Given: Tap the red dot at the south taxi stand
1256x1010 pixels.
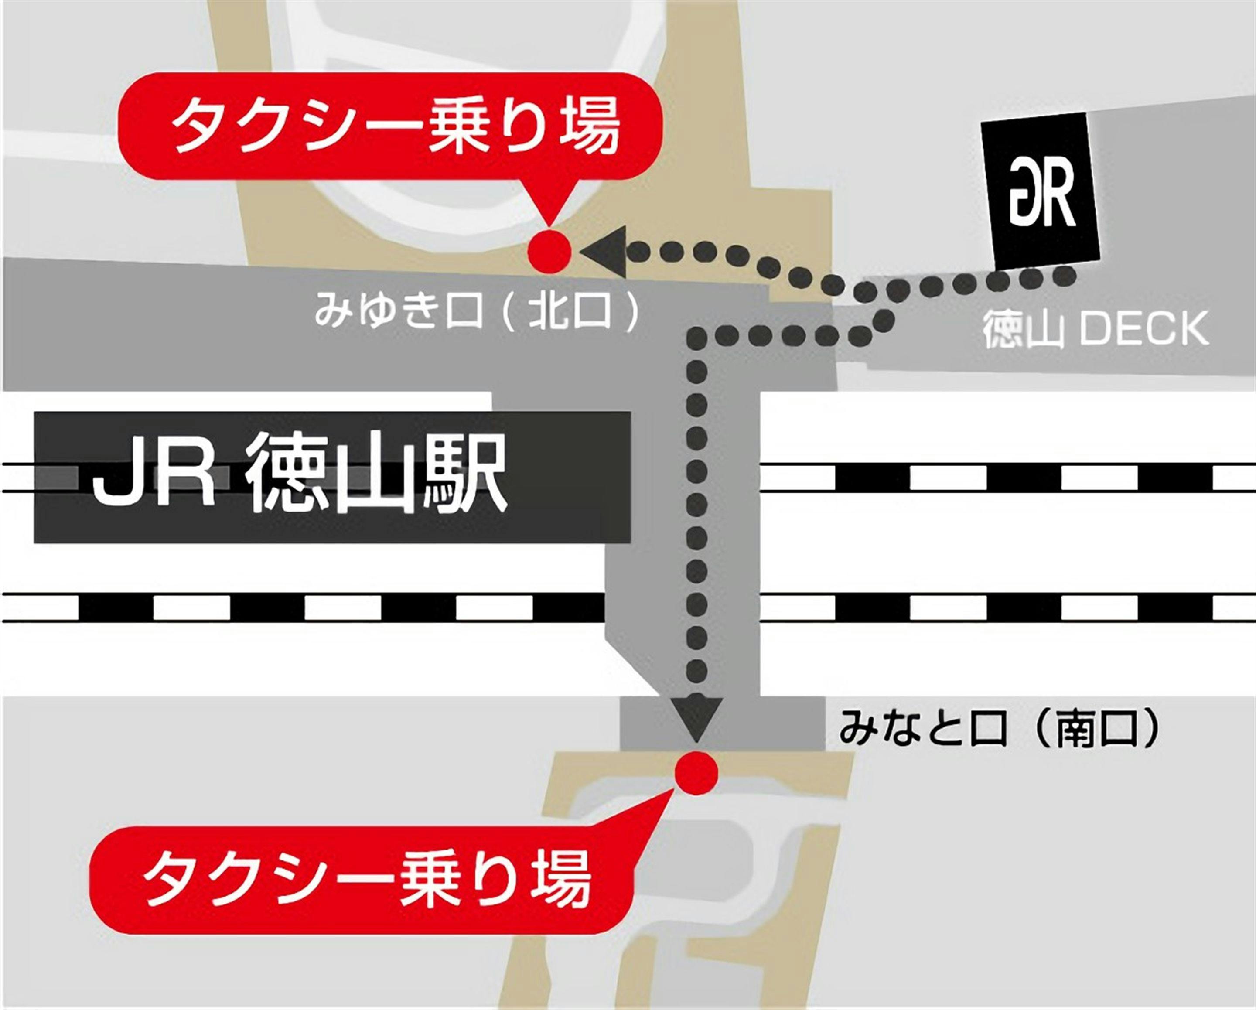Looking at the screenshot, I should [x=696, y=773].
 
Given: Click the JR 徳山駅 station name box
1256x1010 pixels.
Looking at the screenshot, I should [x=332, y=478].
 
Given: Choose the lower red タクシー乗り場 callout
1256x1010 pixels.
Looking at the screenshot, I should [x=361, y=880].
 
